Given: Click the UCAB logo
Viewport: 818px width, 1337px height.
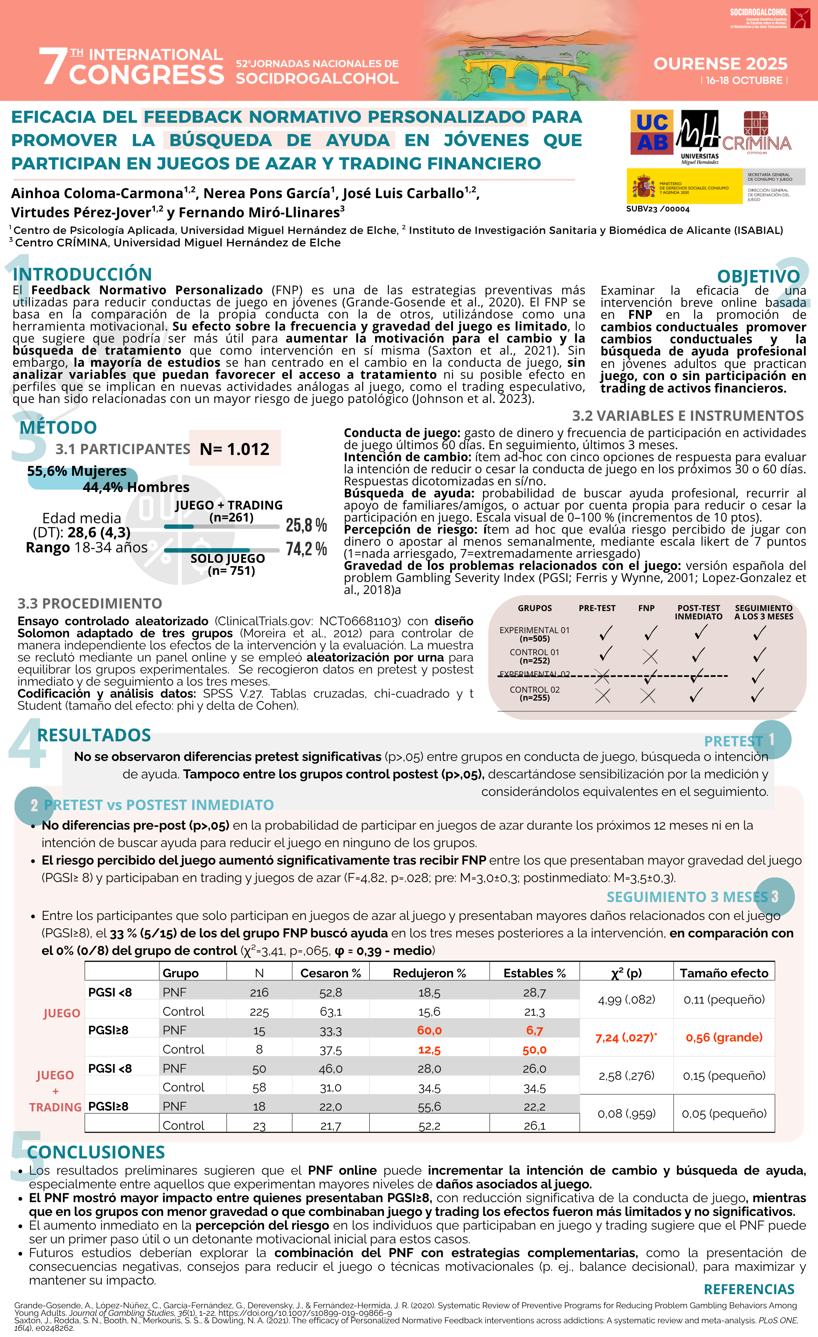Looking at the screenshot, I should point(651,132).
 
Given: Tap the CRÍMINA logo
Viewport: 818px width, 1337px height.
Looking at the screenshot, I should point(757,133).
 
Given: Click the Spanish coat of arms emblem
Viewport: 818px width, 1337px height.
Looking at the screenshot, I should point(644,186).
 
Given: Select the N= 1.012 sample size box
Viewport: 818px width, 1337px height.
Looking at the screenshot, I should point(234,449).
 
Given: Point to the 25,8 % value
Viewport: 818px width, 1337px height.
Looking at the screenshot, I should point(306,525).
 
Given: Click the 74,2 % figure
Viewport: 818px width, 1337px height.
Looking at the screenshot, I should point(306,549).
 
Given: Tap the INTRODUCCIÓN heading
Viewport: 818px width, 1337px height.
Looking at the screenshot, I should point(82,274).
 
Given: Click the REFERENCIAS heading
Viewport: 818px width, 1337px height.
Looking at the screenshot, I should point(748,1289).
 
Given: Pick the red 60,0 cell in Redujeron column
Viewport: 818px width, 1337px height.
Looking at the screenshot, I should point(429,1030).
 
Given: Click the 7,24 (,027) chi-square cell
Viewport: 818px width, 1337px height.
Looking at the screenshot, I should point(626,1037).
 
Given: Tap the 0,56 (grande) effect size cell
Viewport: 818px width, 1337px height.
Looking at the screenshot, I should point(724,1037).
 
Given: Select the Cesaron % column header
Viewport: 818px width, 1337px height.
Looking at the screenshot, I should point(330,973).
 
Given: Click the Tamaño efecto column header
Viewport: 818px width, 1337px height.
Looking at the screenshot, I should point(724,973).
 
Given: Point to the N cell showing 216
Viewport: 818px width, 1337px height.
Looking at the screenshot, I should point(259,992).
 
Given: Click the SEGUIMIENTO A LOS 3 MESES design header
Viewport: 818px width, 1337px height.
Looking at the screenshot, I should point(763,612).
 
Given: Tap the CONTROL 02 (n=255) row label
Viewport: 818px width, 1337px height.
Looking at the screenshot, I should point(534,693).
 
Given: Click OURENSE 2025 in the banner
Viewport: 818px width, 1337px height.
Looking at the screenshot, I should point(720,64).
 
